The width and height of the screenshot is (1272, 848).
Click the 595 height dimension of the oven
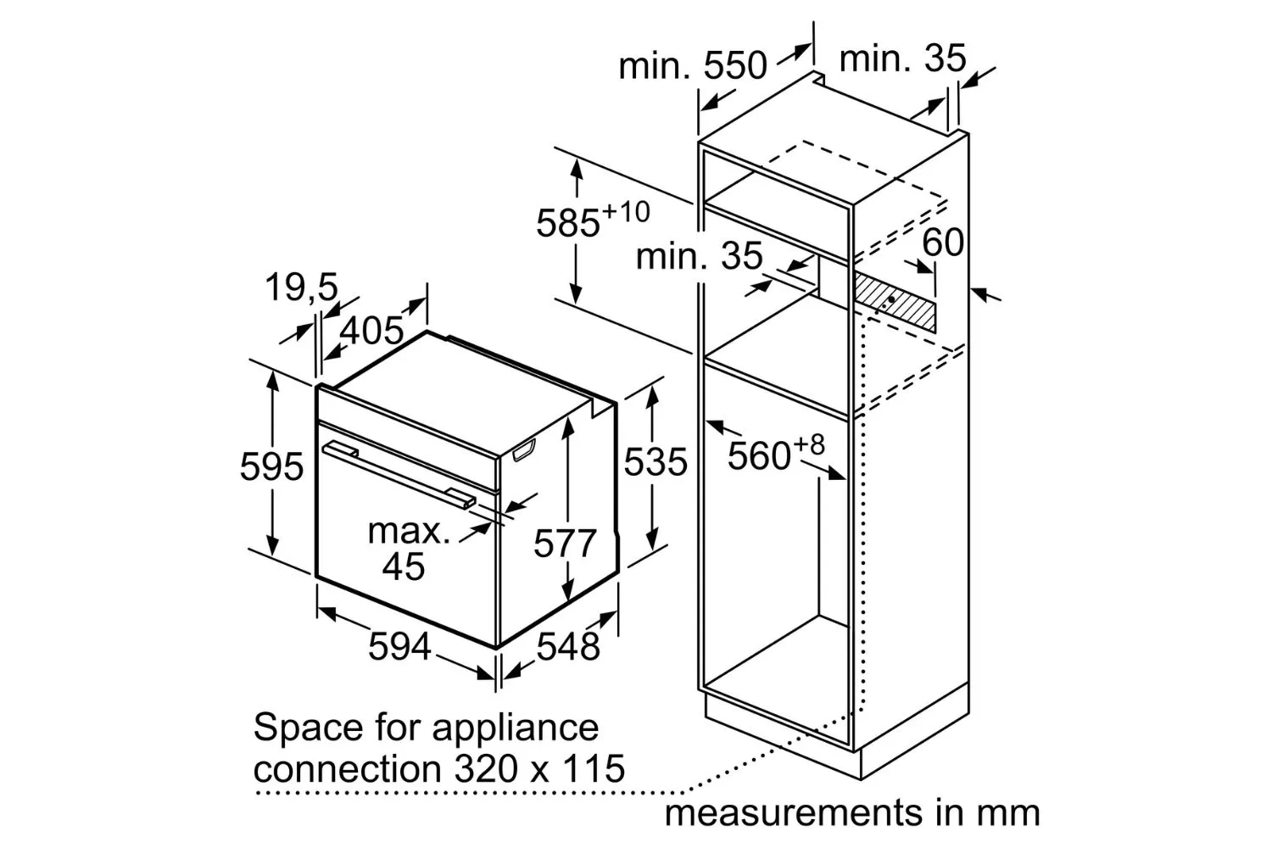tap(271, 466)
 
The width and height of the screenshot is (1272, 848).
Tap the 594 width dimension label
tap(399, 646)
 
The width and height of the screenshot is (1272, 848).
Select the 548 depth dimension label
tap(568, 646)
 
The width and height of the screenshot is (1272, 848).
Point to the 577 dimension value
tap(565, 543)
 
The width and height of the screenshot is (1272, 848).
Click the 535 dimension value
tap(656, 461)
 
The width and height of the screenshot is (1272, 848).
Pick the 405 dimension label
tap(371, 330)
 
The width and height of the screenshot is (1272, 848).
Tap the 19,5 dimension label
tap(301, 287)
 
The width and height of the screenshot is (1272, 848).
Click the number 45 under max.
tap(403, 566)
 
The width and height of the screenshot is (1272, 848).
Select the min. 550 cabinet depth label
tap(692, 65)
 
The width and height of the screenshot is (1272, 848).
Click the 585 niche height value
tap(568, 223)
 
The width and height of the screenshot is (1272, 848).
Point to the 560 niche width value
tap(759, 455)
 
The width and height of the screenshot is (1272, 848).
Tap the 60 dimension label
tap(943, 242)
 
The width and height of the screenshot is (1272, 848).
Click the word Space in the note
tap(308, 728)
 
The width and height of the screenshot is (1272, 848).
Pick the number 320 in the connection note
tap(486, 769)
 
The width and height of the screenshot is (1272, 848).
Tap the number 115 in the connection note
tap(594, 769)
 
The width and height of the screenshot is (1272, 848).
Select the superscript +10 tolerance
tap(625, 213)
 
